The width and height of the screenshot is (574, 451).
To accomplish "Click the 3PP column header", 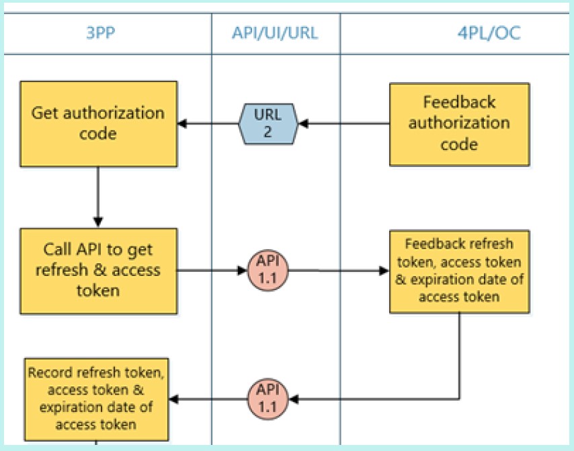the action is [x=100, y=33].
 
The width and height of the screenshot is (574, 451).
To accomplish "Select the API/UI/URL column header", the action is [x=275, y=33].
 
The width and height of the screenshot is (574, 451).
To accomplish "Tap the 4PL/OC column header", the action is [x=489, y=33].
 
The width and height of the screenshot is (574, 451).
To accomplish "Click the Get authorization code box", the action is [x=99, y=124].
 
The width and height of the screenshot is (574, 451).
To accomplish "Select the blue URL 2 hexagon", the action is [x=268, y=124].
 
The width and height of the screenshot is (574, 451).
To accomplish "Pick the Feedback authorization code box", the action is [x=460, y=125].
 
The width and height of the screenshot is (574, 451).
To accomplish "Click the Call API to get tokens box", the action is [x=99, y=271].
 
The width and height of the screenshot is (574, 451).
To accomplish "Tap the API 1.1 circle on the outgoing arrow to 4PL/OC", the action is [x=268, y=271].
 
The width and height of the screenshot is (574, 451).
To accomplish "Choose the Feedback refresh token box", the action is [x=460, y=271].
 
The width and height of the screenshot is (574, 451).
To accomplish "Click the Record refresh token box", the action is [x=96, y=399].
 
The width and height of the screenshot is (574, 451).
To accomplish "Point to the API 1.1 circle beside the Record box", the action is [x=268, y=399].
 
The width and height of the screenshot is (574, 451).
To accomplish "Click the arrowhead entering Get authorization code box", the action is [x=182, y=124].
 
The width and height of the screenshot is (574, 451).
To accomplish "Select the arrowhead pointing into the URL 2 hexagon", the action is [x=304, y=124].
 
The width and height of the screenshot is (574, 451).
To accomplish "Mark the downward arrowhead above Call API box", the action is [x=97, y=222].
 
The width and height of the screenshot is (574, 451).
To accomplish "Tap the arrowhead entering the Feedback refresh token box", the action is [x=384, y=271].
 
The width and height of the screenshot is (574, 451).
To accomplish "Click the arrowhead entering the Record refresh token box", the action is [x=173, y=399].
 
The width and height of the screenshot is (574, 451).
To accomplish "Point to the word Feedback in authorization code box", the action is [x=459, y=102].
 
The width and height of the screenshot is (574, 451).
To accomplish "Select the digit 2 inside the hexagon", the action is [x=268, y=133].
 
